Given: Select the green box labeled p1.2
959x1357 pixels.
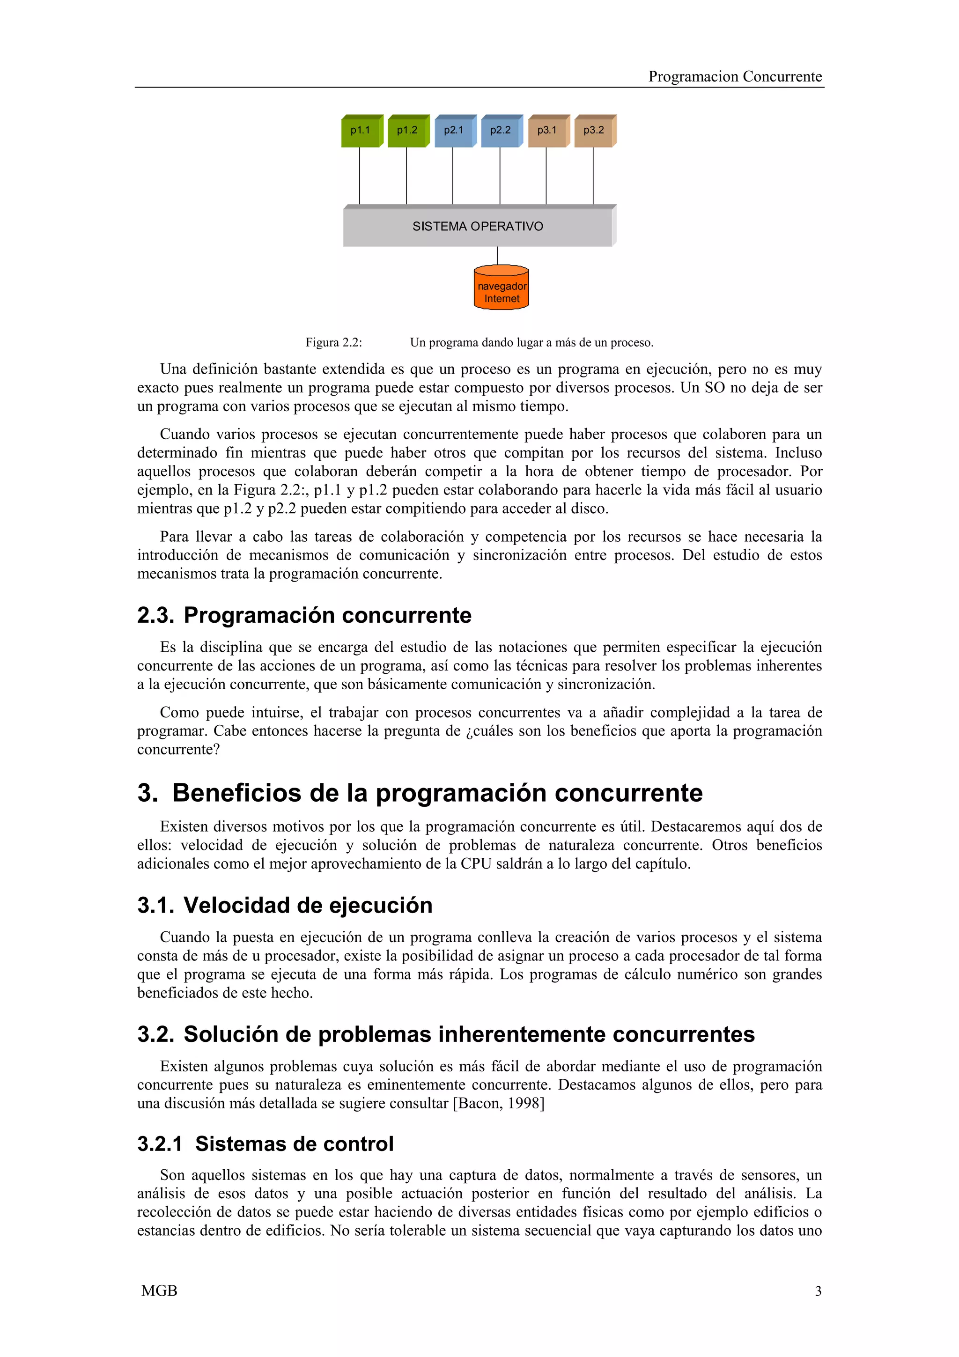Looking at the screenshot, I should pyautogui.click(x=407, y=131).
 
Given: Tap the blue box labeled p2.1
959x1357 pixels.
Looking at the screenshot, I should pyautogui.click(x=454, y=131).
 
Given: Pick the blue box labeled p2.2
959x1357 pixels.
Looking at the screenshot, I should pyautogui.click(x=501, y=131).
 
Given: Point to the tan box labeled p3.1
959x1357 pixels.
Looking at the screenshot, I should pyautogui.click(x=547, y=131).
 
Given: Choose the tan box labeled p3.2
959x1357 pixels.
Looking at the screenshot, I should pyautogui.click(x=594, y=131).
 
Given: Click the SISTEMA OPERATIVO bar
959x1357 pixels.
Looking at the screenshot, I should pyautogui.click(x=478, y=226).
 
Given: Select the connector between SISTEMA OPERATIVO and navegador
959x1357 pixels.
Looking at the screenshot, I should pyautogui.click(x=497, y=255).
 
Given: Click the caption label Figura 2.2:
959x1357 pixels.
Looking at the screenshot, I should pyautogui.click(x=333, y=343).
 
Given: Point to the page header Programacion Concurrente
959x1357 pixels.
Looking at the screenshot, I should pyautogui.click(x=734, y=77).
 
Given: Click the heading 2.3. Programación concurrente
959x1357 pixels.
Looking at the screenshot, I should pyautogui.click(x=304, y=615).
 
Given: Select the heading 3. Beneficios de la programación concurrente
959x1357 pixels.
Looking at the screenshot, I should pyautogui.click(x=420, y=793).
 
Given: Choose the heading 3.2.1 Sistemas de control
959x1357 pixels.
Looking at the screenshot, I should pyautogui.click(x=266, y=1143).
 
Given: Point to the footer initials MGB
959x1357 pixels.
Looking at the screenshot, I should pyautogui.click(x=159, y=1291).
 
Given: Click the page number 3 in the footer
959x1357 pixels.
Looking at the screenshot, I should pyautogui.click(x=818, y=1291).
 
